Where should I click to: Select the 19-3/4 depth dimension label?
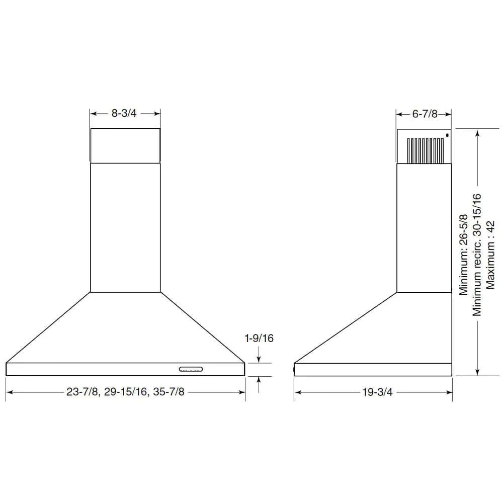click(377, 392)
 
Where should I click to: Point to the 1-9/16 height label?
click(259, 339)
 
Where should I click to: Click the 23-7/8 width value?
click(81, 392)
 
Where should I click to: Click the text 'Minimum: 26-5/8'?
click(463, 255)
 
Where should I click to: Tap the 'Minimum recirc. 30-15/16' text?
click(477, 255)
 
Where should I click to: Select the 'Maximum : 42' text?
click(490, 255)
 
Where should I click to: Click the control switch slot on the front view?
click(191, 370)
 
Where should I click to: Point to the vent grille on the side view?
click(426, 149)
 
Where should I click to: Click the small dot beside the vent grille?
click(447, 134)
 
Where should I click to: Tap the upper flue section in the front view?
click(125, 145)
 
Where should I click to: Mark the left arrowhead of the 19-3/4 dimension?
click(297, 392)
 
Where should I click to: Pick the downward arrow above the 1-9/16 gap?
click(259, 359)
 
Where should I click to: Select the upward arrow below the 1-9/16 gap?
click(259, 380)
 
